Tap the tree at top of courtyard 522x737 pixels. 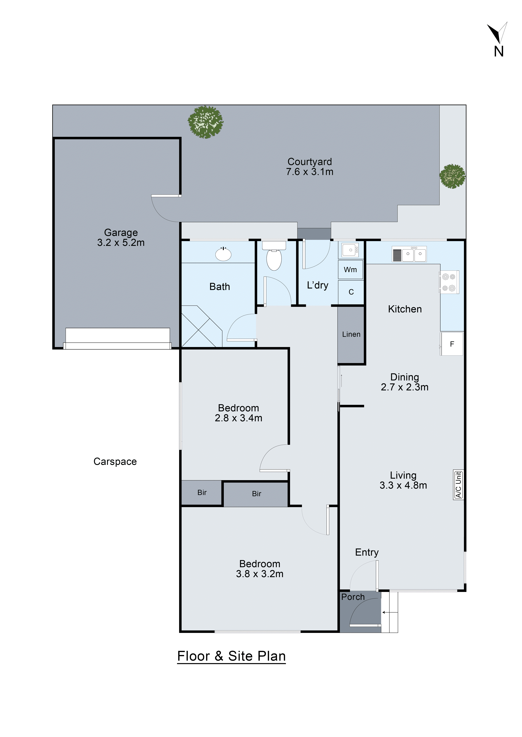[206, 122]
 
